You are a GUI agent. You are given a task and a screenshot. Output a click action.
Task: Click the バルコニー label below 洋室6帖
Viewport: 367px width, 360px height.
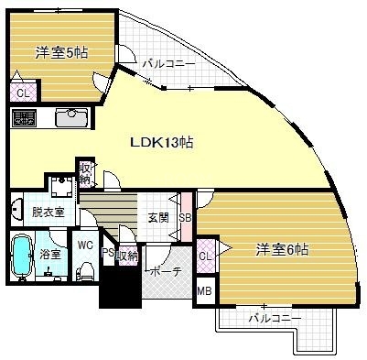pyautogui.click(x=275, y=319)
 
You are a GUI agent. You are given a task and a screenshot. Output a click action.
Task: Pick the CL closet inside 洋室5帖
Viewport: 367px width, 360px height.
pyautogui.click(x=22, y=93)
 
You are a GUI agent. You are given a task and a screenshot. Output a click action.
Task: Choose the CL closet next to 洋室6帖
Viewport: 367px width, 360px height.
pyautogui.click(x=206, y=256)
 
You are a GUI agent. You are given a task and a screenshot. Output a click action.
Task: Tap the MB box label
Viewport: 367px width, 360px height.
pyautogui.click(x=205, y=292)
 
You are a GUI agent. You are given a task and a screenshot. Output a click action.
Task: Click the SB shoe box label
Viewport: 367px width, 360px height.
pyautogui.click(x=185, y=217)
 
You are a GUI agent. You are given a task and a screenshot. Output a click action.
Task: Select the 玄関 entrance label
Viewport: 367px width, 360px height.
pyautogui.click(x=157, y=217)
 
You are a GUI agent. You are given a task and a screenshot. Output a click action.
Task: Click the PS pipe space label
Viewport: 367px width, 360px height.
pyautogui.click(x=108, y=255)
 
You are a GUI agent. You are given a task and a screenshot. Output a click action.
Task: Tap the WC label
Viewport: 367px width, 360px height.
pyautogui.click(x=85, y=245)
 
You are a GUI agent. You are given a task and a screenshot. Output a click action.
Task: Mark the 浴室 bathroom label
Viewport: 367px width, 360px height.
pyautogui.click(x=50, y=254)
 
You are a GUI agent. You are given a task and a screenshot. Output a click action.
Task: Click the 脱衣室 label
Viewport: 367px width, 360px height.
pyautogui.click(x=48, y=211)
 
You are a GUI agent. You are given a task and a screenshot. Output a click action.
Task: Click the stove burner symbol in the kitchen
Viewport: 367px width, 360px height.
pyautogui.click(x=23, y=117)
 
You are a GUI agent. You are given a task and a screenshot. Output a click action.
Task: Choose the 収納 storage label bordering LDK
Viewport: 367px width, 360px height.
pyautogui.click(x=85, y=173)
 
